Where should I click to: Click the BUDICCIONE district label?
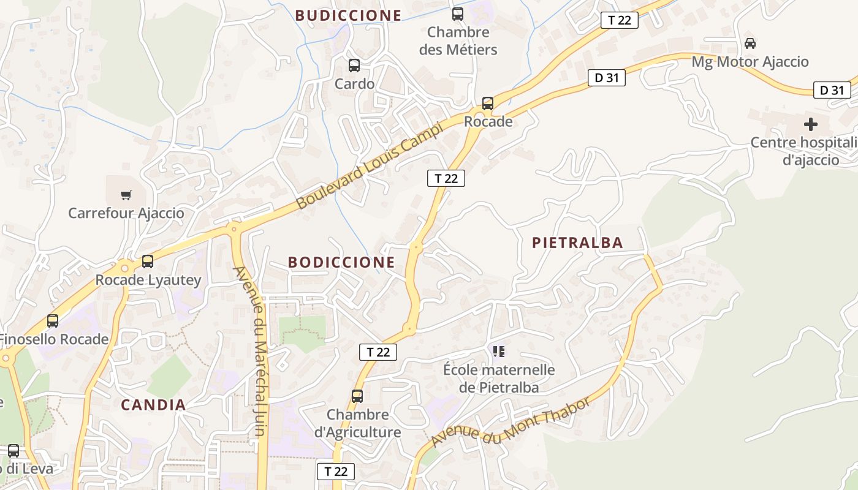tap(348, 15)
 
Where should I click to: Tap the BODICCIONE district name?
tap(341, 262)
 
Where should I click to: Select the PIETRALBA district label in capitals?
tap(577, 243)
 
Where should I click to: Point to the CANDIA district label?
tap(153, 405)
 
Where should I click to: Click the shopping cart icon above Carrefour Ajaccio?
tap(126, 195)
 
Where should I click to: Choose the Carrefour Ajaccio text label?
tap(126, 213)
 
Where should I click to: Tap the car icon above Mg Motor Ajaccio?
tap(750, 43)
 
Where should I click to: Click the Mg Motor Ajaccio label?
tap(750, 62)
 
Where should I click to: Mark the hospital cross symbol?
tap(810, 124)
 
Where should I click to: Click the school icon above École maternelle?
tap(499, 352)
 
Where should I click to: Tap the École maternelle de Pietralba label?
tap(499, 379)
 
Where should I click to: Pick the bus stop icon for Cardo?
tap(354, 66)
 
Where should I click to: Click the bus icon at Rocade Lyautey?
tap(148, 262)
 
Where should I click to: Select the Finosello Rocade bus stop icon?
tap(53, 320)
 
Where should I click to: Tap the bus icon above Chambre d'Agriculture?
tap(357, 396)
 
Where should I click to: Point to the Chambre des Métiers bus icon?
tap(458, 14)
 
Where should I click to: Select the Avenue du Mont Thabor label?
tap(511, 422)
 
